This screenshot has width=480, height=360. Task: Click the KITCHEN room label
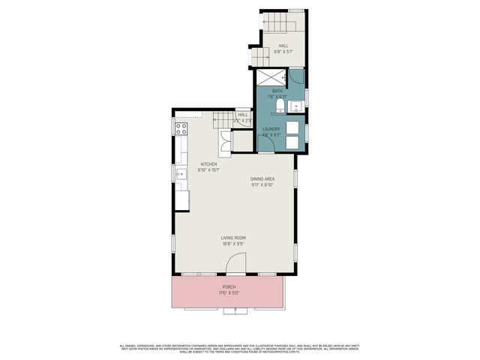click(208, 164)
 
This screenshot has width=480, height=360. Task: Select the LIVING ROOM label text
click(233, 238)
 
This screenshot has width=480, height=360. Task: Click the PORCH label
click(229, 286)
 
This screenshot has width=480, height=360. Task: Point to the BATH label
click(277, 91)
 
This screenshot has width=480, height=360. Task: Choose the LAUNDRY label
click(271, 129)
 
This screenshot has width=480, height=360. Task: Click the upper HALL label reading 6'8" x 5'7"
click(283, 46)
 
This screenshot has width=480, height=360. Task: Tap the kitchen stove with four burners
click(181, 129)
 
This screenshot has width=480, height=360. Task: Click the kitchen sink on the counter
click(180, 176)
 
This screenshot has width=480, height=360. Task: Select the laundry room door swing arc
click(266, 143)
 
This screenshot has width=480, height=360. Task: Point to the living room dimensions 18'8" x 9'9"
click(233, 244)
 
